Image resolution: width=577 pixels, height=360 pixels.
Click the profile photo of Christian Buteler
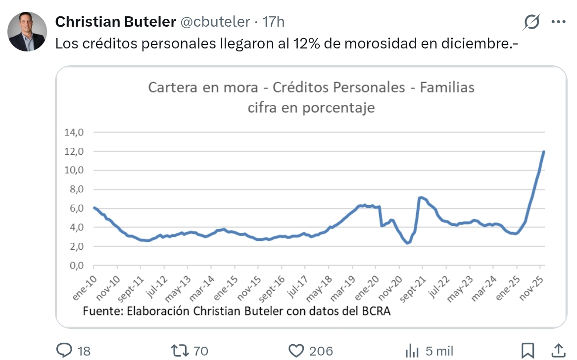coord(27,32)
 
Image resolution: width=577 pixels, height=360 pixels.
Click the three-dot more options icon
coord(558,22)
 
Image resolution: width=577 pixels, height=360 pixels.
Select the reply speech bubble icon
coord(65,351)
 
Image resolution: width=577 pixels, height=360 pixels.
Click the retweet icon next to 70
coord(179,351)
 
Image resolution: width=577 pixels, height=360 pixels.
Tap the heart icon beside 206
coord(295,351)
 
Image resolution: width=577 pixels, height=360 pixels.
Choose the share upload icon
coord(558,350)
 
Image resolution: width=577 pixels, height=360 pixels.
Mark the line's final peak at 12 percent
coord(544,151)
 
